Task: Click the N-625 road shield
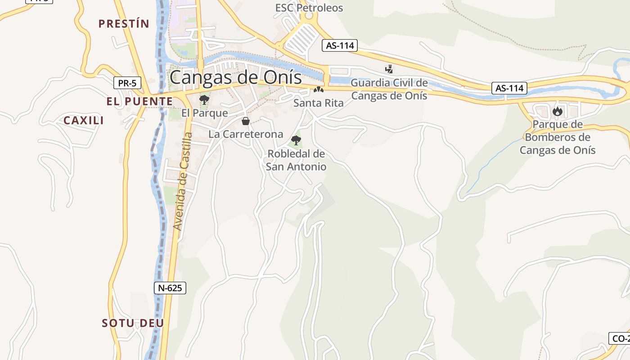tap(170, 288)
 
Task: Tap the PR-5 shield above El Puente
tap(127, 83)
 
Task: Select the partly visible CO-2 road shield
tap(619, 338)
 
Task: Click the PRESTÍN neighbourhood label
tap(124, 24)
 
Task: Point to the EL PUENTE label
tap(139, 102)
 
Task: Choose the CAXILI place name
tap(84, 120)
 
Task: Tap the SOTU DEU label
tap(133, 323)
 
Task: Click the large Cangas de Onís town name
tap(235, 77)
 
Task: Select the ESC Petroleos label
tap(309, 8)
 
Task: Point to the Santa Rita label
tap(318, 103)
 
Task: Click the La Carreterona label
tap(246, 134)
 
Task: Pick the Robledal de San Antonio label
tap(296, 160)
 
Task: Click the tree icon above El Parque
tap(204, 99)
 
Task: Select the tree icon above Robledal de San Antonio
tap(296, 140)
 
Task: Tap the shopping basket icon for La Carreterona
tap(246, 121)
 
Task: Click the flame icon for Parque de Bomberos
tap(558, 111)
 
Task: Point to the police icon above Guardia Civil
tap(389, 69)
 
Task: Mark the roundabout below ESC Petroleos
tap(309, 17)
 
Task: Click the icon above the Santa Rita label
tap(319, 90)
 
